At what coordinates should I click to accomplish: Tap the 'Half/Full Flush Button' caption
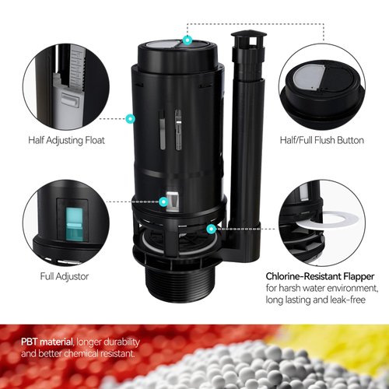coord(321,140)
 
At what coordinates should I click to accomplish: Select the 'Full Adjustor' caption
coord(64,275)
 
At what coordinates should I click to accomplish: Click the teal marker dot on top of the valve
coord(187,38)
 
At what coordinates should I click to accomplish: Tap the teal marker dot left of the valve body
coord(130,118)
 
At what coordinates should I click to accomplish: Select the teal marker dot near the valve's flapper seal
coord(211,229)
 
